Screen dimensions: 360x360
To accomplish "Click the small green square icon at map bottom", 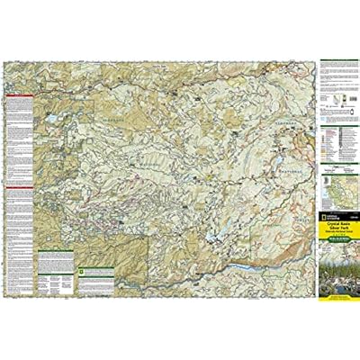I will point(83,267).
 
